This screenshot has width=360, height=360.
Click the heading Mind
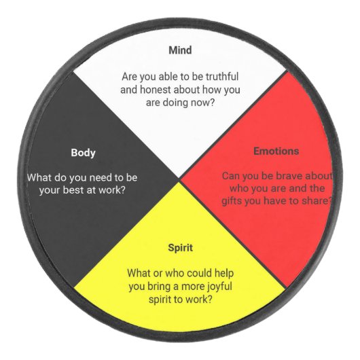(x=180, y=50)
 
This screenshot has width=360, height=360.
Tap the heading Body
(x=83, y=153)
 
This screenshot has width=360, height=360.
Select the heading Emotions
(x=276, y=151)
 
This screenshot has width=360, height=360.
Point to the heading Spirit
(x=180, y=248)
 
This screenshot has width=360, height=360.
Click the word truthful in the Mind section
(x=222, y=77)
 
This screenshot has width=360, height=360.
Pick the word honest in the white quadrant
(x=156, y=90)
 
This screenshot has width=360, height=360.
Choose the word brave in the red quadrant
(x=289, y=176)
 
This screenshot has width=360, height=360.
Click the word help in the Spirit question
(x=224, y=274)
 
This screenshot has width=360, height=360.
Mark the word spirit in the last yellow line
(x=160, y=300)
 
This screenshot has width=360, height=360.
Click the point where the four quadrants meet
(x=179, y=179)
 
